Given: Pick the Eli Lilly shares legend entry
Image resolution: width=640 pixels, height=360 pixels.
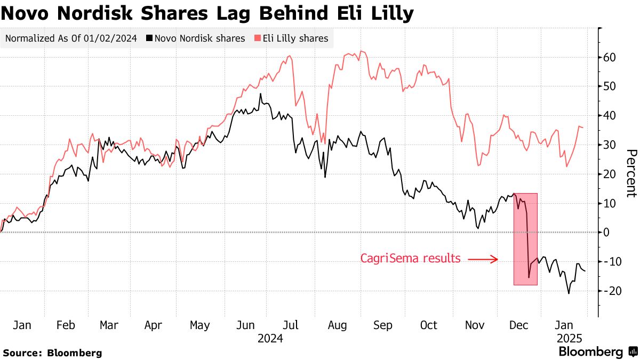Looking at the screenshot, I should click(291, 38).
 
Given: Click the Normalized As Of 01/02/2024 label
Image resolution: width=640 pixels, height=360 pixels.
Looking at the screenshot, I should click(70, 38).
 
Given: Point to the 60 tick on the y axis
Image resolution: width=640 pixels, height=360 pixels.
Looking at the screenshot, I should click(610, 57).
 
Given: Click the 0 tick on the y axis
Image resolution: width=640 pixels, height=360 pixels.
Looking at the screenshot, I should click(606, 233).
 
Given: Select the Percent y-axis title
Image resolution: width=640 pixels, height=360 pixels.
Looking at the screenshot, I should click(631, 174).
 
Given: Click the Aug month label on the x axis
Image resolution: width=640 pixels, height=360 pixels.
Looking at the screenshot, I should click(337, 325).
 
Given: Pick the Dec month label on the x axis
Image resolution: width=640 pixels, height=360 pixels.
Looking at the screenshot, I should click(519, 325).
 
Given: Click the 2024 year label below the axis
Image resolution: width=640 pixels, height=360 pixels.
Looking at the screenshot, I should click(270, 339).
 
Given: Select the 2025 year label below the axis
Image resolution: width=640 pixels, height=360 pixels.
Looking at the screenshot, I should click(569, 339).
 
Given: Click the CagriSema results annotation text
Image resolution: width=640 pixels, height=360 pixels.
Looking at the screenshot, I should click(410, 259).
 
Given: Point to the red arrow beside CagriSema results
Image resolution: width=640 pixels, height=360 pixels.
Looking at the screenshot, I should click(483, 259).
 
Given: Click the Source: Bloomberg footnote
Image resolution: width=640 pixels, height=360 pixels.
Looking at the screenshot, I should click(52, 353).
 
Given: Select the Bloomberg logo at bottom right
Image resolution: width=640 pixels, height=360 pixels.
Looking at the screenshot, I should click(597, 352).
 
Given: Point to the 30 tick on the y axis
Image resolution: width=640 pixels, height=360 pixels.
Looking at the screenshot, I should click(610, 145).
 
